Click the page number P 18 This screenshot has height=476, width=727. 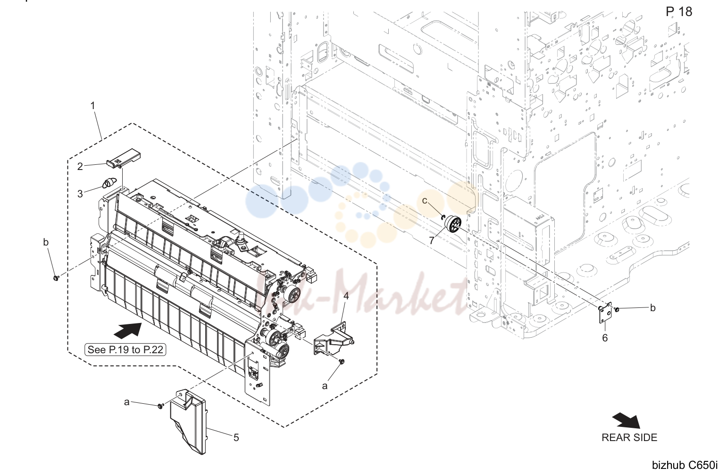(x=679, y=12)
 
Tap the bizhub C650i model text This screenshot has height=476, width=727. (x=685, y=465)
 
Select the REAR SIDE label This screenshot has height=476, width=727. (x=629, y=437)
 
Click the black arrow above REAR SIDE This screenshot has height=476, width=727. (x=627, y=421)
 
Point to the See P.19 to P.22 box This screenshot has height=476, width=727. (x=125, y=349)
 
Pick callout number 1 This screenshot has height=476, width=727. (x=93, y=106)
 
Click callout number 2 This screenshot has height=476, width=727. (x=80, y=166)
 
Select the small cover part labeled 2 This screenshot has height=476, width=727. (x=124, y=158)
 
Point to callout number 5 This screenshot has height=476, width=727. (x=236, y=438)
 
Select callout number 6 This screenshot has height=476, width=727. (x=605, y=338)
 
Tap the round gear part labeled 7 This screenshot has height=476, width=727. (x=453, y=224)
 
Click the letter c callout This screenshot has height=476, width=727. (x=424, y=201)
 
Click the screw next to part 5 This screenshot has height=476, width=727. (x=160, y=406)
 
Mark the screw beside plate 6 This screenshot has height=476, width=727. (x=617, y=309)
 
